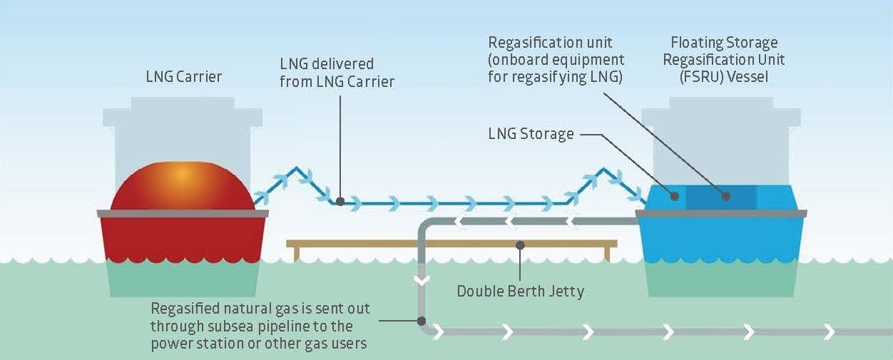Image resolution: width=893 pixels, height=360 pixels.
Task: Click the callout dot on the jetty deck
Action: tap(521, 245)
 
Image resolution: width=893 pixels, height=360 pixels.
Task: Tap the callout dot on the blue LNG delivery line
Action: tap(340, 202)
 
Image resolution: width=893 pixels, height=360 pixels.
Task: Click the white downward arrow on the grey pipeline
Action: tap(422, 280)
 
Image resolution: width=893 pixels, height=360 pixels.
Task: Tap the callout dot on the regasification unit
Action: tap(725, 195)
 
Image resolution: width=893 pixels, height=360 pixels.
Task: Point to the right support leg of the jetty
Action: tap(607, 253)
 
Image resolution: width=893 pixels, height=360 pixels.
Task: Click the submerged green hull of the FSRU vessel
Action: tap(720, 279)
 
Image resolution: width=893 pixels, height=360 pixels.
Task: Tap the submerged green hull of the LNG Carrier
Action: tap(182, 279)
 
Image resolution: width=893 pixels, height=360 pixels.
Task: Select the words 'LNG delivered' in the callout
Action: tap(327, 64)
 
